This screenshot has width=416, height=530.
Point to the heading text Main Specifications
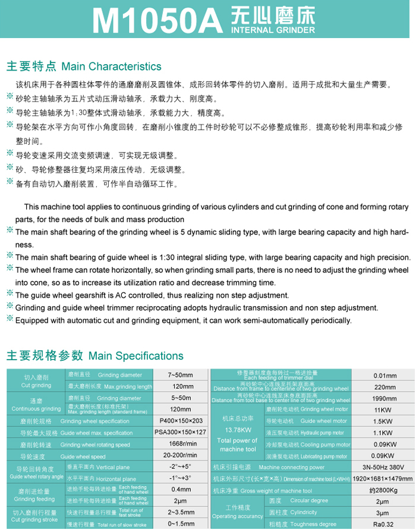136,356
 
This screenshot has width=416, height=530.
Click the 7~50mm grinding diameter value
181,375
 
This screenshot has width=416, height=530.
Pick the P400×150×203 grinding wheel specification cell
181,421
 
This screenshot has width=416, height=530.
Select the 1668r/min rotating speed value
181,444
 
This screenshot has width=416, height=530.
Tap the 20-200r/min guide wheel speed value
181,456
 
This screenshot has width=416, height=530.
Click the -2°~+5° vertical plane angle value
181,467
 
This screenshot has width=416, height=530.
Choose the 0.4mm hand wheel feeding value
181,490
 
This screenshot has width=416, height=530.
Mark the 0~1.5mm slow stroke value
181,524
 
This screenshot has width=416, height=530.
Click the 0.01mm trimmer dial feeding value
385,376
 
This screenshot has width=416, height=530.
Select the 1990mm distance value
385,398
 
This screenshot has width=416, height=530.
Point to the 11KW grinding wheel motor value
385,410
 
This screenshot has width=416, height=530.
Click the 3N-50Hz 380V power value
385,467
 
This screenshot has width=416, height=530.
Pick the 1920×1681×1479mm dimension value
383,478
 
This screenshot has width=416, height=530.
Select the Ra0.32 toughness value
385,524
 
